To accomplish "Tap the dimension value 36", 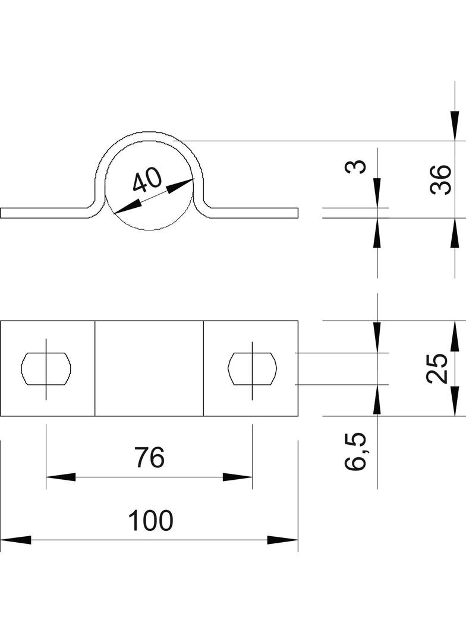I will point(440,180).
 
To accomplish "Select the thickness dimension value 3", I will point(355,166).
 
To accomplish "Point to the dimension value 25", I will point(437,368).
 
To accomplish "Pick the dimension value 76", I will point(149,458).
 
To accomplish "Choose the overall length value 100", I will point(150,521).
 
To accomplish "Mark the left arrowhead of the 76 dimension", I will point(59,477).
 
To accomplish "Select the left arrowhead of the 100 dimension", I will point(15,540).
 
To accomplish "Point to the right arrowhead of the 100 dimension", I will point(283,540).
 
